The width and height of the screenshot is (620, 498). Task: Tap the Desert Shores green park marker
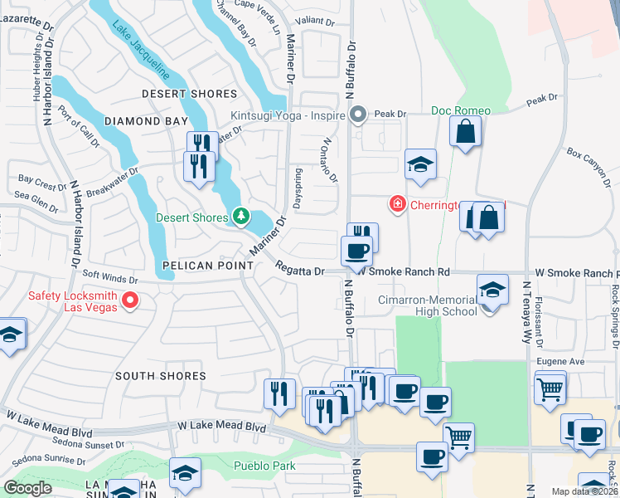240,217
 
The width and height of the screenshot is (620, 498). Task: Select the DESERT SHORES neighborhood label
189,94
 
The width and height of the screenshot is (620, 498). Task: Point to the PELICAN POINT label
207,265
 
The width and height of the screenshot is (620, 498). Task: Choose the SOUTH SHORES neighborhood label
161,376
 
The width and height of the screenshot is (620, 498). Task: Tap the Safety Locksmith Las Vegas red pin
130,300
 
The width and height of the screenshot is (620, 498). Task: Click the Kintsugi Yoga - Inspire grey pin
358,114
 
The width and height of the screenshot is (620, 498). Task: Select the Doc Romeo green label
461,110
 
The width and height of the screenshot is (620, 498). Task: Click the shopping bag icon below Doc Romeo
466,131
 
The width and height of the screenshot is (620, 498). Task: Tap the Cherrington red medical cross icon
397,203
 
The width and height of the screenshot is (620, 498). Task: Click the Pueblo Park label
264,466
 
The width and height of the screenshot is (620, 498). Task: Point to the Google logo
27,488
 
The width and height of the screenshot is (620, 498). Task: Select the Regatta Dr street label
300,271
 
